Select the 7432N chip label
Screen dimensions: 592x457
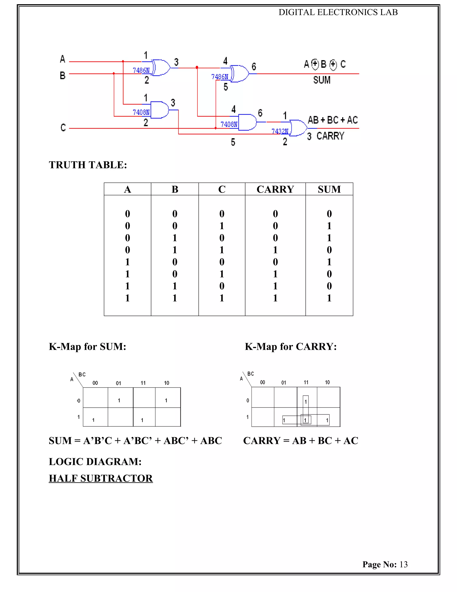coord(280,131)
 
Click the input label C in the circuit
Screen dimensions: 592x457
coord(63,128)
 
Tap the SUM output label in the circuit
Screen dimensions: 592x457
coord(322,80)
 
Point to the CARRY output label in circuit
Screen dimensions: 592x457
coord(330,136)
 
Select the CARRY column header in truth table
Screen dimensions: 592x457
coord(275,189)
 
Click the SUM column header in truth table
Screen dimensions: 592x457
coord(329,189)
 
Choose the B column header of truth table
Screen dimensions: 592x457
coord(175,189)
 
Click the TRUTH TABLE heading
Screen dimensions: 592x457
coord(88,165)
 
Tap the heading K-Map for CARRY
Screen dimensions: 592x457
coord(291,346)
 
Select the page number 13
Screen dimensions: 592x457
coord(403,564)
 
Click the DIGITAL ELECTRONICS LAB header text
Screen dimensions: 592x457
coord(338,12)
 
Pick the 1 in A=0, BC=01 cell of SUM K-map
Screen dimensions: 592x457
coord(119,400)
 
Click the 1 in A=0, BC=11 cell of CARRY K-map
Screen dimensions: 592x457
coord(306,402)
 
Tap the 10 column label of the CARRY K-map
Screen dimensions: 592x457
coord(327,382)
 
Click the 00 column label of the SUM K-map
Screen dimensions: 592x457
coord(95,383)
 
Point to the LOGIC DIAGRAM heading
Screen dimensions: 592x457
coord(95,462)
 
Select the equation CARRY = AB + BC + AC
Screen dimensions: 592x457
coord(301,441)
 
